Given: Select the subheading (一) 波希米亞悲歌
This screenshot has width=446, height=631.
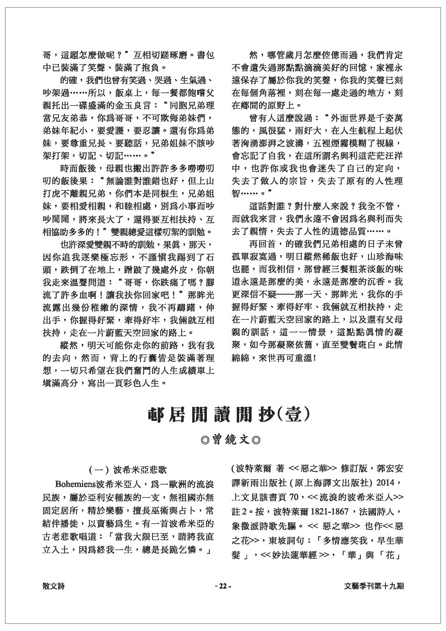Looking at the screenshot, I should [128, 470].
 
